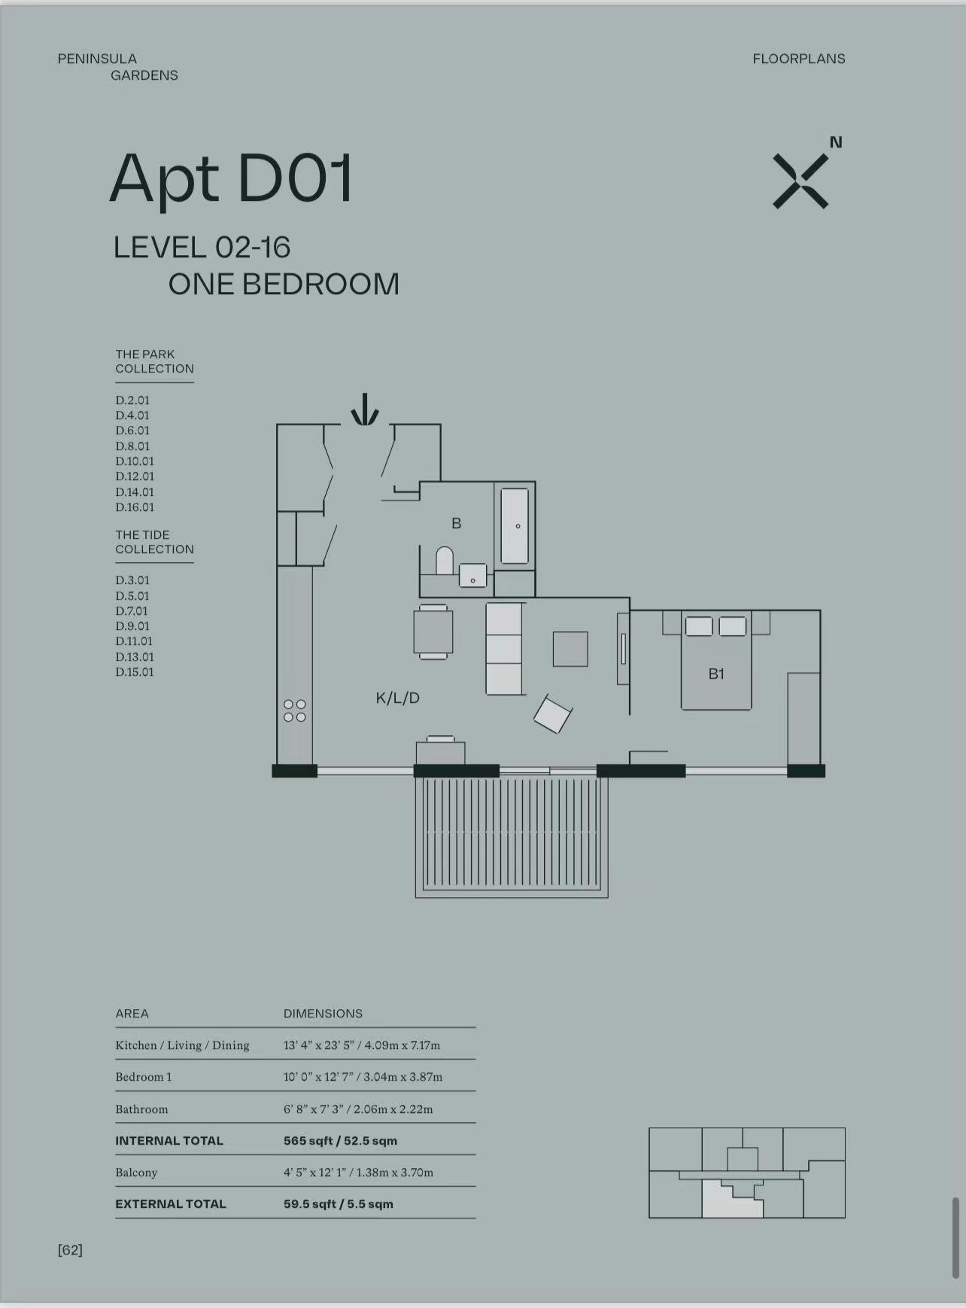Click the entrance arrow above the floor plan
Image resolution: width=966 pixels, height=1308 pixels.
pyautogui.click(x=365, y=409)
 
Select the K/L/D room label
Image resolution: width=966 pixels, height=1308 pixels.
pyautogui.click(x=398, y=698)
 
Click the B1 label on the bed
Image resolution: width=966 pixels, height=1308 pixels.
pyautogui.click(x=716, y=674)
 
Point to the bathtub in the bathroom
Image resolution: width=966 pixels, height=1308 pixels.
pyautogui.click(x=515, y=526)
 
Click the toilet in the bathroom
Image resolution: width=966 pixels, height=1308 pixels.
pyautogui.click(x=445, y=561)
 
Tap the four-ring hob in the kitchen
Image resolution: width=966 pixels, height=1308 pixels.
pyautogui.click(x=295, y=710)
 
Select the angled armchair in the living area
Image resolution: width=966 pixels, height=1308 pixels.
pyautogui.click(x=553, y=714)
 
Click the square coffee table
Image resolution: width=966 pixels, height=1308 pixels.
pyautogui.click(x=570, y=649)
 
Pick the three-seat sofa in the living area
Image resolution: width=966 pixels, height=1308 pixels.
pyautogui.click(x=504, y=649)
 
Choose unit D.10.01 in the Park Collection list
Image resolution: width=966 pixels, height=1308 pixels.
pyautogui.click(x=135, y=461)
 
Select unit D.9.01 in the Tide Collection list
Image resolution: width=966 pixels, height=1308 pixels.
pyautogui.click(x=132, y=626)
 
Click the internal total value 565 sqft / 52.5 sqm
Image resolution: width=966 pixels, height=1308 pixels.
pyautogui.click(x=340, y=1141)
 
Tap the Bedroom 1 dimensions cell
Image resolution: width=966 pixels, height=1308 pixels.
pyautogui.click(x=363, y=1077)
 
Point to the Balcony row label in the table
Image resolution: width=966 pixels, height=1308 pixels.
pyautogui.click(x=136, y=1173)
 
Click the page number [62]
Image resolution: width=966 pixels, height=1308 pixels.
pyautogui.click(x=70, y=1250)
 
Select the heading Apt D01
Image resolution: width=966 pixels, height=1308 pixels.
pyautogui.click(x=232, y=179)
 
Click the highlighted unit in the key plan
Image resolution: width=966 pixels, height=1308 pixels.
pyautogui.click(x=731, y=1200)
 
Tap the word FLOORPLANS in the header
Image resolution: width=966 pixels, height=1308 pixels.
pyautogui.click(x=799, y=59)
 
